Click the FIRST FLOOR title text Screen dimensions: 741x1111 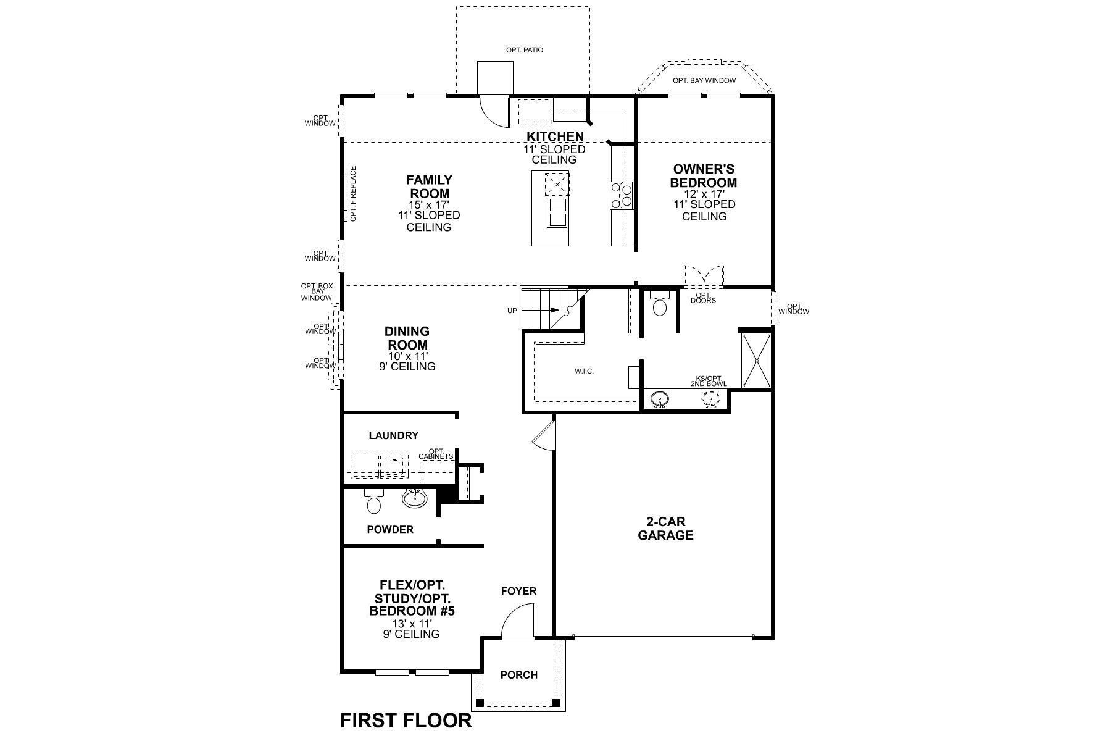pyautogui.click(x=406, y=720)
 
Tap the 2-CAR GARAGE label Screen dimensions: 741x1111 pyautogui.click(x=665, y=529)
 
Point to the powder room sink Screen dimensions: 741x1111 pyautogui.click(x=415, y=498)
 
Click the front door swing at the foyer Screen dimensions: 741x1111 pyautogui.click(x=517, y=622)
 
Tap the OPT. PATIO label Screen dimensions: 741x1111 pyautogui.click(x=525, y=49)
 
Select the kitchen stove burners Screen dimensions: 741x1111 pyautogui.click(x=622, y=195)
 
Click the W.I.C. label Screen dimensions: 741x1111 pyautogui.click(x=584, y=371)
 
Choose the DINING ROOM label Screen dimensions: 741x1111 pyautogui.click(x=407, y=338)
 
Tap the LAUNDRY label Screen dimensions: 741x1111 pyautogui.click(x=393, y=435)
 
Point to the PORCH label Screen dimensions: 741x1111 pyautogui.click(x=518, y=675)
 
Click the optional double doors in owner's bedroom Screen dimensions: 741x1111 pyautogui.click(x=704, y=277)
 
